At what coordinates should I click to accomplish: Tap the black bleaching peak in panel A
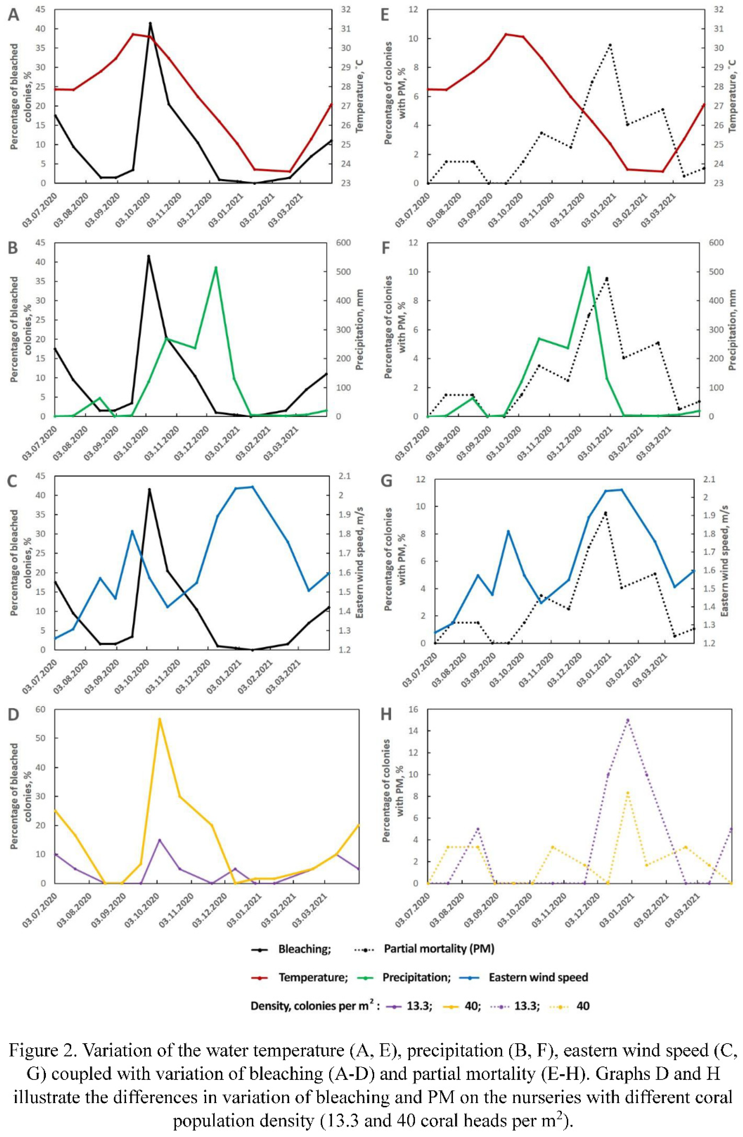point(150,23)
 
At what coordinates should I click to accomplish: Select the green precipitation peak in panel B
point(216,267)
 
